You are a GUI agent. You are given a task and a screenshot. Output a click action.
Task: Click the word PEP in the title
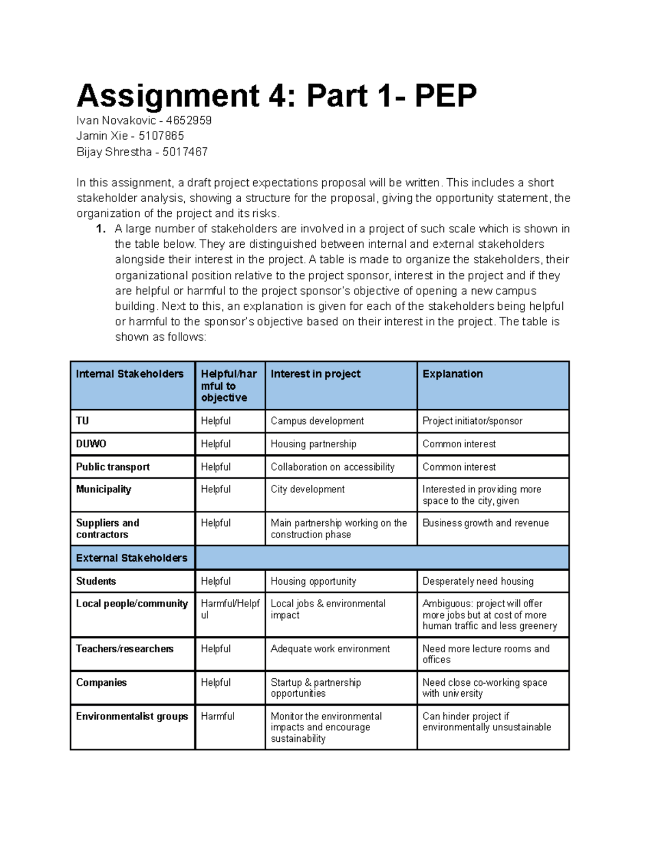tap(445, 96)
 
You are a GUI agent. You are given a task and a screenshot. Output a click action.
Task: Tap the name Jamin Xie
tap(102, 136)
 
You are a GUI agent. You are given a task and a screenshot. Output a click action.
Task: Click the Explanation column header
tap(452, 374)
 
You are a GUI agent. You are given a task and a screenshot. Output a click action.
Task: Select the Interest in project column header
tap(315, 374)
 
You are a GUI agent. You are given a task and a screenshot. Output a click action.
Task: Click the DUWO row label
tap(91, 444)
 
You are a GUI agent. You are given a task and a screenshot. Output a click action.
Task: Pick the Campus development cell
tap(317, 421)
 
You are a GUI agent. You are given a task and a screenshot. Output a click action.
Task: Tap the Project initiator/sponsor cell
tap(472, 421)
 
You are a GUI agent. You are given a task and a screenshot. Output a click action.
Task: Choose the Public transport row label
tap(112, 467)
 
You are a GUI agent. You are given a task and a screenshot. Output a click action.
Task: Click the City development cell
tap(308, 489)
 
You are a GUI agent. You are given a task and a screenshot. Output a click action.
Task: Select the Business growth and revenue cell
tap(485, 523)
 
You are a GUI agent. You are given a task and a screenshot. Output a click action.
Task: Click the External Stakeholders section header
tap(131, 558)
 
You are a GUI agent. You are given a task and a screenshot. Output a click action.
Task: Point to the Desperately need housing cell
tap(478, 582)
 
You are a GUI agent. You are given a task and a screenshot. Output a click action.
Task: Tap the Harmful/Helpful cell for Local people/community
tap(230, 609)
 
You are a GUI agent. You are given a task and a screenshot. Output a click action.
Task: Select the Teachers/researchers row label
tap(124, 649)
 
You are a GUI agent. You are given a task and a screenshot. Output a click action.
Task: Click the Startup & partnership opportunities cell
tap(315, 688)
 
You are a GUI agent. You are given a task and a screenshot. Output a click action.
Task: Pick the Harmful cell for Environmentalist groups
tap(217, 716)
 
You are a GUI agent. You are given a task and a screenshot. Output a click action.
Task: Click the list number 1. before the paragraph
tap(101, 229)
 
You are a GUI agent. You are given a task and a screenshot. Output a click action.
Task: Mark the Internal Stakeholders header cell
tap(129, 374)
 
